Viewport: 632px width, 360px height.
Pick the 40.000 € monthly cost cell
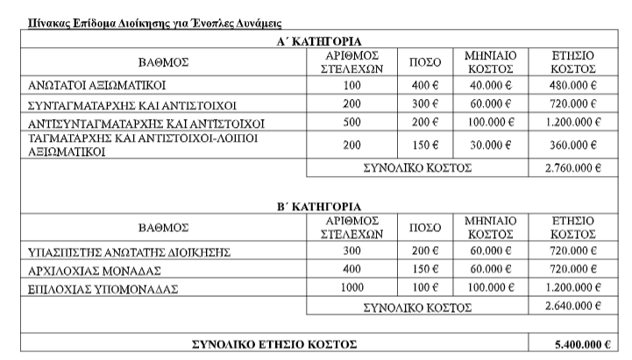point(490,86)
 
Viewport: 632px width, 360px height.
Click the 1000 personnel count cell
point(351,287)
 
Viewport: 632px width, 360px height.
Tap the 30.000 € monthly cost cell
point(490,145)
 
